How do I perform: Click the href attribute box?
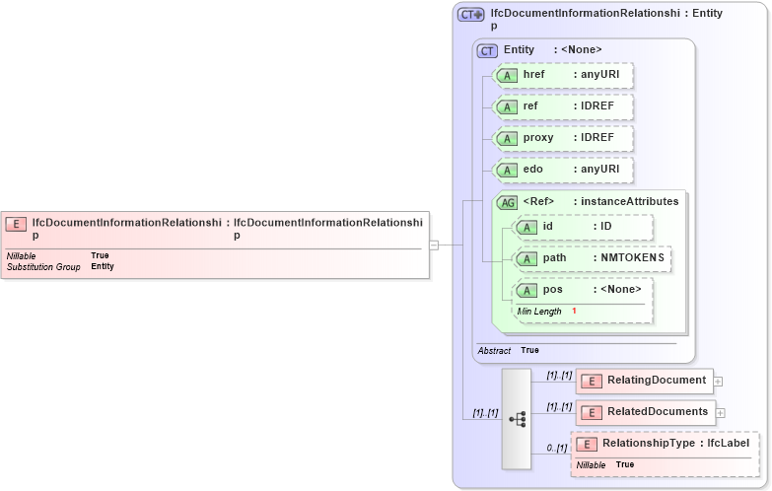pos(562,76)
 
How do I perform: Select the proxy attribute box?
pos(562,138)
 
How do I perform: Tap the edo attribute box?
pos(562,170)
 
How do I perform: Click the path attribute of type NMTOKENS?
pos(592,258)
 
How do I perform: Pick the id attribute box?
pos(583,228)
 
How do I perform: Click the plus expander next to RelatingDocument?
pos(719,381)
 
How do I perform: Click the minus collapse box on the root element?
pos(434,245)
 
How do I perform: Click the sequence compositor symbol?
pos(517,419)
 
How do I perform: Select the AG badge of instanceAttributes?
pos(507,201)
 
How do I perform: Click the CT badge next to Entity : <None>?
pos(487,50)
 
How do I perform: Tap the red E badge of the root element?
pos(17,224)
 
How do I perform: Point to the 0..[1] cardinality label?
pos(556,449)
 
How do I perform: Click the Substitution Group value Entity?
pos(103,266)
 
